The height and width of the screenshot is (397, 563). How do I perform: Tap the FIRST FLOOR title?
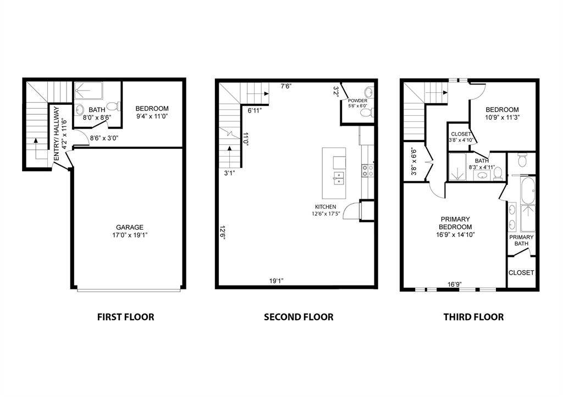(125, 317)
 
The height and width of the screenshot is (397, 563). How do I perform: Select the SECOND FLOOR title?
(299, 317)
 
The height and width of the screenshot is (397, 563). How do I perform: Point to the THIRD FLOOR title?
(473, 317)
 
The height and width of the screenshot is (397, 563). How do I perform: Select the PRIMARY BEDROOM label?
(455, 223)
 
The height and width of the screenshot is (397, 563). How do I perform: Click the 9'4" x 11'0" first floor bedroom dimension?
(152, 116)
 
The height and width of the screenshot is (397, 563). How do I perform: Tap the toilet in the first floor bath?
(112, 107)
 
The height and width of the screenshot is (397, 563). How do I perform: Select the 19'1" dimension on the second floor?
(276, 281)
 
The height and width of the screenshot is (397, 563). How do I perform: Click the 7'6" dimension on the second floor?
(286, 86)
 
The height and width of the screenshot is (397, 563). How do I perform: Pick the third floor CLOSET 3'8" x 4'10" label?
(461, 137)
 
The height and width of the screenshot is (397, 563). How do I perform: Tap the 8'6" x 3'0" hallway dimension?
(103, 138)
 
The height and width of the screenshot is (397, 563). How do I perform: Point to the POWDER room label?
(357, 101)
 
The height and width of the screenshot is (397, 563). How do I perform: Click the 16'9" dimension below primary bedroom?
(454, 284)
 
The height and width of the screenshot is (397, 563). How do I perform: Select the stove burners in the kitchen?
(365, 170)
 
